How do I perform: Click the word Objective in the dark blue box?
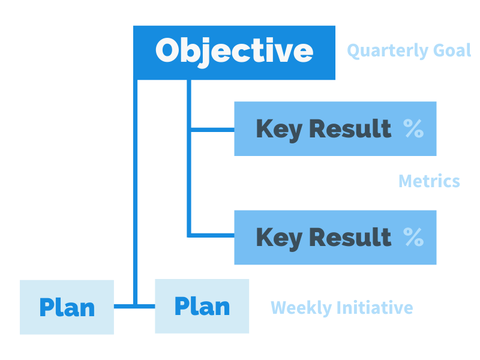pos(234,52)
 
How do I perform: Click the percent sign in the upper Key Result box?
pos(413,128)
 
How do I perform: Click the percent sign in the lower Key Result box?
pos(413,237)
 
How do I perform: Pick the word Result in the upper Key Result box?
pos(350,128)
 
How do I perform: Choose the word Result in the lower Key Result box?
pos(350,237)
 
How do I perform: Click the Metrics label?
pos(429,181)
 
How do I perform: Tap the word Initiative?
pos(374,307)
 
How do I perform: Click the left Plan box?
pos(67,307)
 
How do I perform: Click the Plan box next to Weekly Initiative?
pos(202,306)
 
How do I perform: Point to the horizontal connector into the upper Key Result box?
pos(213,130)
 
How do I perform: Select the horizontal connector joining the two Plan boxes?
pos(134,306)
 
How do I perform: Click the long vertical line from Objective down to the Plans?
pos(136,192)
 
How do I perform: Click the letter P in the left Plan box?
pos(46,307)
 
